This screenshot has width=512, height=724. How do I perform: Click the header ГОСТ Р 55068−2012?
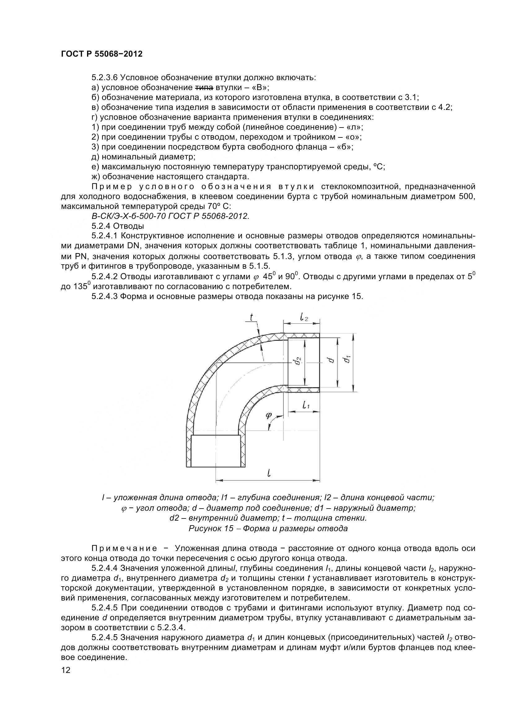[102, 54]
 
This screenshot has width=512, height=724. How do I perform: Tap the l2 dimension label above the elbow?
[304, 317]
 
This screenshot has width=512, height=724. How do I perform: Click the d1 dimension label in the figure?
[347, 359]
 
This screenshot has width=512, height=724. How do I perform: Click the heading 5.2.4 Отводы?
[118, 226]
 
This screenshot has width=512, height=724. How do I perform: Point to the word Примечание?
[124, 548]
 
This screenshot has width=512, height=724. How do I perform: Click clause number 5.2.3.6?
[105, 77]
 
